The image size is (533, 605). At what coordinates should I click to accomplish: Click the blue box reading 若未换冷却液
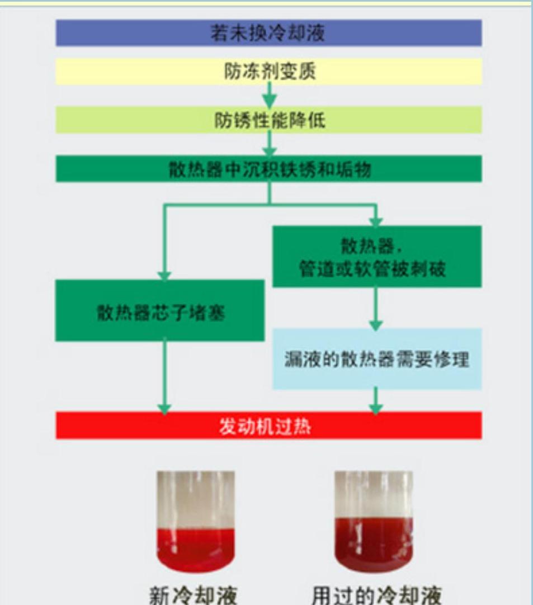tap(268, 33)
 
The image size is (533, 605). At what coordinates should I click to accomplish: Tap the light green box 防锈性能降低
tap(268, 120)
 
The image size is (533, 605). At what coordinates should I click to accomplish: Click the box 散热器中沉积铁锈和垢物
tap(268, 169)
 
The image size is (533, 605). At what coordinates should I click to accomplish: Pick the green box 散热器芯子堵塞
tap(159, 310)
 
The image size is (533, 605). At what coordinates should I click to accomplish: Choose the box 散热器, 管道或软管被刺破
tap(376, 257)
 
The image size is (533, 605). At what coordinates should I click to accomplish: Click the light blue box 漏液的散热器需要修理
tap(376, 359)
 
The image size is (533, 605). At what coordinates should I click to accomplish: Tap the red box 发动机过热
tap(268, 427)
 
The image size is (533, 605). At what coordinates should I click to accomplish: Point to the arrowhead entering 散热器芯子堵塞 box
tap(164, 275)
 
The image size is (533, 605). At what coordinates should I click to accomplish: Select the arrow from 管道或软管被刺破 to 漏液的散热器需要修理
tap(376, 308)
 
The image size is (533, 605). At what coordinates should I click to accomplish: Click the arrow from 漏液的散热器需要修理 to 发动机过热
tap(376, 401)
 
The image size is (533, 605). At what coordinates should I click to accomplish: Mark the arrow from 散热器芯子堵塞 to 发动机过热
tap(164, 378)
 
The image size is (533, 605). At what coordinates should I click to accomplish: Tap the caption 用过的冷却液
tap(376, 595)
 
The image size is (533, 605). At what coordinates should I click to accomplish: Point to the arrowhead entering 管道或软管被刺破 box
tap(376, 221)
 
